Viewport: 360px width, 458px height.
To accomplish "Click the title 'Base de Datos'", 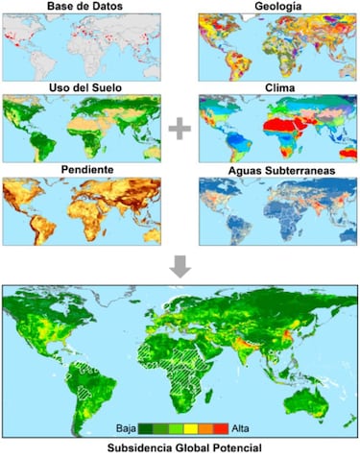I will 83,6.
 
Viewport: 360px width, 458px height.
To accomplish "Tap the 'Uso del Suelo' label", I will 83,88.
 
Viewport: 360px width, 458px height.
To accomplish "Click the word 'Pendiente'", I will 83,169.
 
